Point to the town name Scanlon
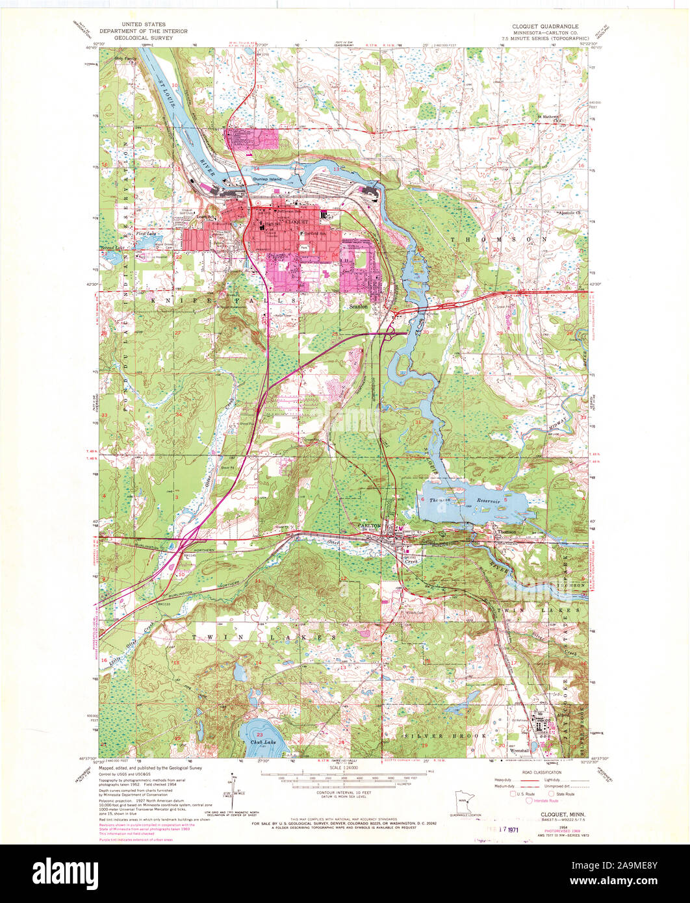(358, 306)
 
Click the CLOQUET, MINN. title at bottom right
(558, 812)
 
